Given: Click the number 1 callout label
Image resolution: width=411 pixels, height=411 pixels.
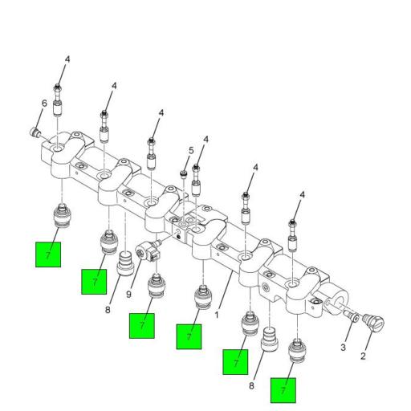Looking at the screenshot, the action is tap(217, 315).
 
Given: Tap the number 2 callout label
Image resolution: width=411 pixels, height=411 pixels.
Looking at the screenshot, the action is tap(363, 356).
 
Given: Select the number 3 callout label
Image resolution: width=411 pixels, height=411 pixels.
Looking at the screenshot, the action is tap(343, 348).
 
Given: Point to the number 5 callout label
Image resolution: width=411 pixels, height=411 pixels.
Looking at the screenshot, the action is tap(191, 150).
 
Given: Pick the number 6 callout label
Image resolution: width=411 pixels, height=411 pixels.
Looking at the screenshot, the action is tap(44, 104).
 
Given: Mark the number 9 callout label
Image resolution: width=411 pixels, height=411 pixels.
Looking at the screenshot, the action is tap(128, 295).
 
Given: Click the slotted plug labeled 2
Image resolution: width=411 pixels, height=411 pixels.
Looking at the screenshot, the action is tap(373, 322).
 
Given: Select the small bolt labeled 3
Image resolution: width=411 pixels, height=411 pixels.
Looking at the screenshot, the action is tap(351, 315).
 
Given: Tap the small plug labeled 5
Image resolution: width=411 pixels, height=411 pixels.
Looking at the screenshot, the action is tap(183, 175).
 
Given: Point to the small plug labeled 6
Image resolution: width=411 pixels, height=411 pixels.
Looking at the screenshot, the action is tap(34, 132).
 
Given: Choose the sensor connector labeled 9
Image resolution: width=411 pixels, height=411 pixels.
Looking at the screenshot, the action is tap(148, 251).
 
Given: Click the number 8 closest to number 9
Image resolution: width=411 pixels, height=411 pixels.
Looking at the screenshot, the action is tap(108, 310).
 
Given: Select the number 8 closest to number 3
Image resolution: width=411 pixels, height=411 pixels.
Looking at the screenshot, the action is tap(251, 386).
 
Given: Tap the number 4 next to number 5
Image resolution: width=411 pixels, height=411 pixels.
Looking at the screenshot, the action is tap(205, 140).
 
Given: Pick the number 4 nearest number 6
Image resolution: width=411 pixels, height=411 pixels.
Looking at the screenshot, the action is tap(67, 59).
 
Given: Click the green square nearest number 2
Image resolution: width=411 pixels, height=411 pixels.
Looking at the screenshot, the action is tap(283, 390).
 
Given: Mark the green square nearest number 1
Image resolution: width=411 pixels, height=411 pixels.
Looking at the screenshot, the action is tap(189, 336).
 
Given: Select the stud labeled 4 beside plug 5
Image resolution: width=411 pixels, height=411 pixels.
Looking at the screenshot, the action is tap(196, 181).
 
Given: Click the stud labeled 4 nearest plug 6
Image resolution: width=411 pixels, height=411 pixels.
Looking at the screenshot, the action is tap(58, 100).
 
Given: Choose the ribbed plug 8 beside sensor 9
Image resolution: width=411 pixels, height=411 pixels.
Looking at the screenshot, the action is tap(125, 263).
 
